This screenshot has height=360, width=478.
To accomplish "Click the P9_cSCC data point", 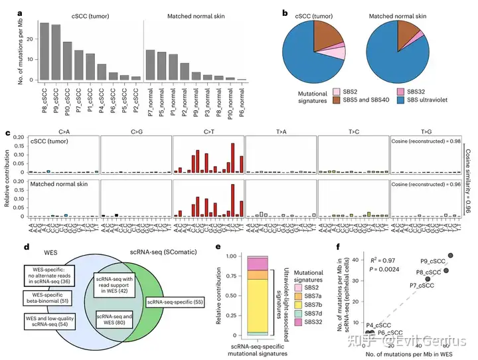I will pos(451,256).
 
